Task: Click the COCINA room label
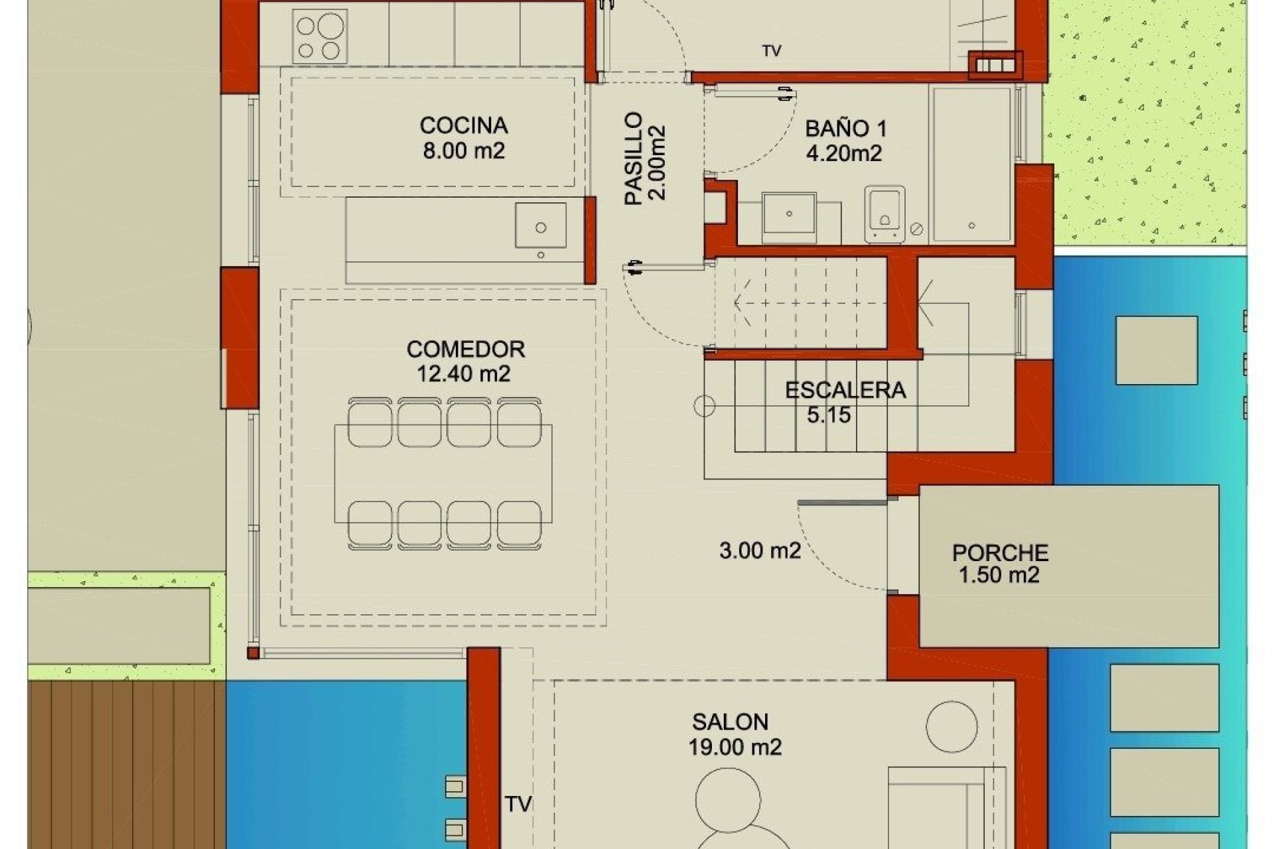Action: click(x=463, y=125)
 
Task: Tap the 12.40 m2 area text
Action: click(x=463, y=374)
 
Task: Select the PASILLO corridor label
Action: click(x=634, y=158)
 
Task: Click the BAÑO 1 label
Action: click(x=845, y=129)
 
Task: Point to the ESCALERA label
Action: click(x=845, y=390)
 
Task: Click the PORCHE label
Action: click(x=1000, y=553)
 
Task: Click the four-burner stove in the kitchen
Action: click(x=320, y=37)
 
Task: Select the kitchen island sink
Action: click(x=541, y=226)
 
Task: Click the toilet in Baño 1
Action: click(x=885, y=214)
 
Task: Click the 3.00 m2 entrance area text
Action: click(x=760, y=551)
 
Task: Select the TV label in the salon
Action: click(x=518, y=805)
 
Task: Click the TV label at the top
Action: click(x=771, y=51)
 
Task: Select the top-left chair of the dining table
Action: click(x=370, y=423)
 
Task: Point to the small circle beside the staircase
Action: click(x=704, y=406)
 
